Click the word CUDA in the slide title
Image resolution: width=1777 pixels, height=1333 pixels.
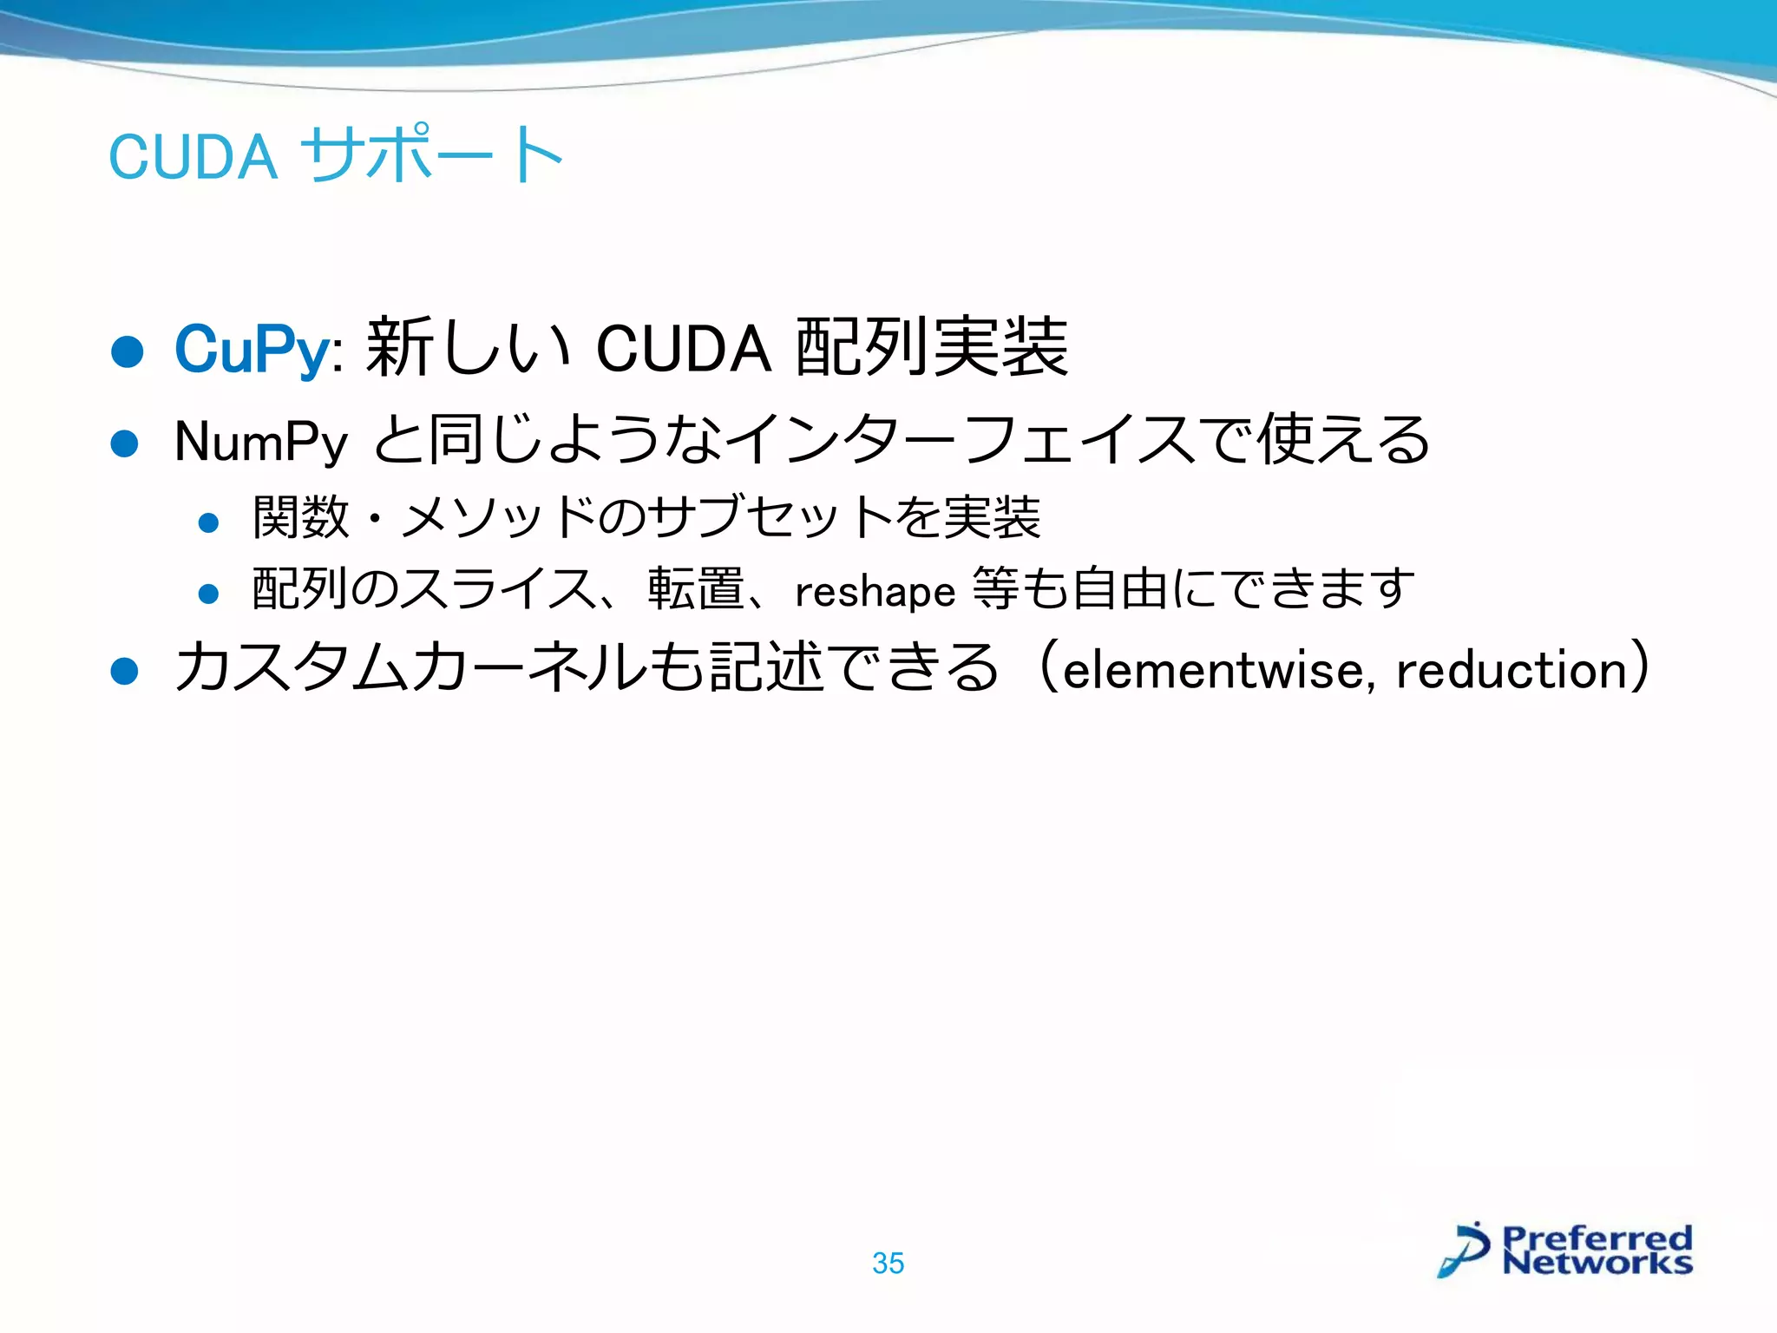193,157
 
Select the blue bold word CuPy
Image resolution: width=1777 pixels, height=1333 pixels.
252,349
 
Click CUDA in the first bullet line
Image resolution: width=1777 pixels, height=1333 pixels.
684,349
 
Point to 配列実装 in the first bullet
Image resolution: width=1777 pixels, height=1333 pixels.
932,347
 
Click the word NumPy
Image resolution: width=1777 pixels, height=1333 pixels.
261,442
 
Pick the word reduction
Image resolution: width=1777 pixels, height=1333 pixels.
1511,671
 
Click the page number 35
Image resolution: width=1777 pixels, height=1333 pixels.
888,1264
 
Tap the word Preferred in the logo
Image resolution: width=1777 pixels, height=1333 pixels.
1597,1237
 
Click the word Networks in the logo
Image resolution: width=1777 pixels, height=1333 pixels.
1597,1262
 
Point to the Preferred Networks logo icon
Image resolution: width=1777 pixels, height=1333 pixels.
1465,1250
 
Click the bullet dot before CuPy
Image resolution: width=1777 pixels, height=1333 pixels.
128,351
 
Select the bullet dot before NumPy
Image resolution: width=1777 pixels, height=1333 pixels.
125,443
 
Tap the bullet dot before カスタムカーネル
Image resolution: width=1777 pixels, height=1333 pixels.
125,671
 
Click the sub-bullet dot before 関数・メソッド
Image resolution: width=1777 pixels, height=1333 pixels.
208,522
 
